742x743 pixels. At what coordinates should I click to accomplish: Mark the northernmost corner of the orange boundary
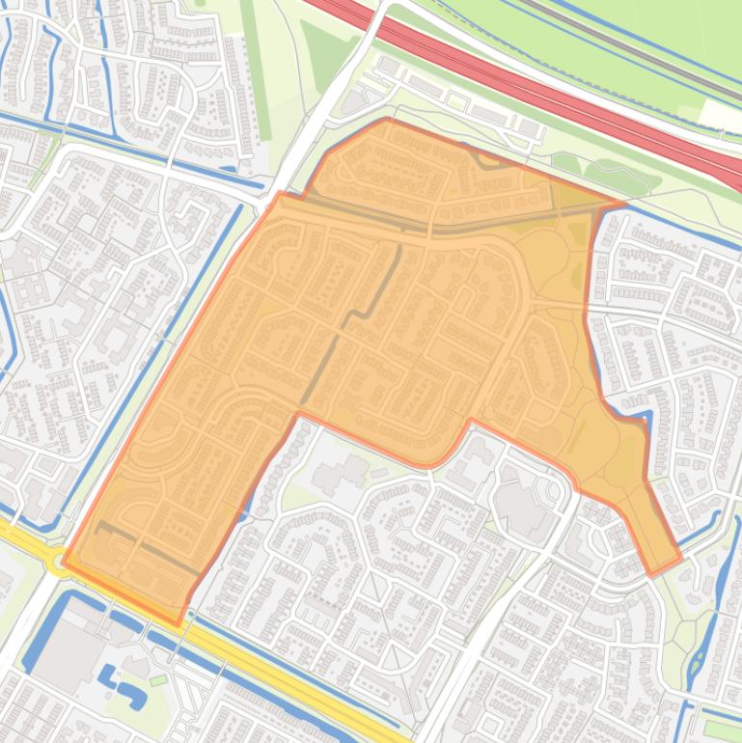(x=387, y=120)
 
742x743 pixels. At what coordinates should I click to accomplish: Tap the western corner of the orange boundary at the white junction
(x=279, y=195)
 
